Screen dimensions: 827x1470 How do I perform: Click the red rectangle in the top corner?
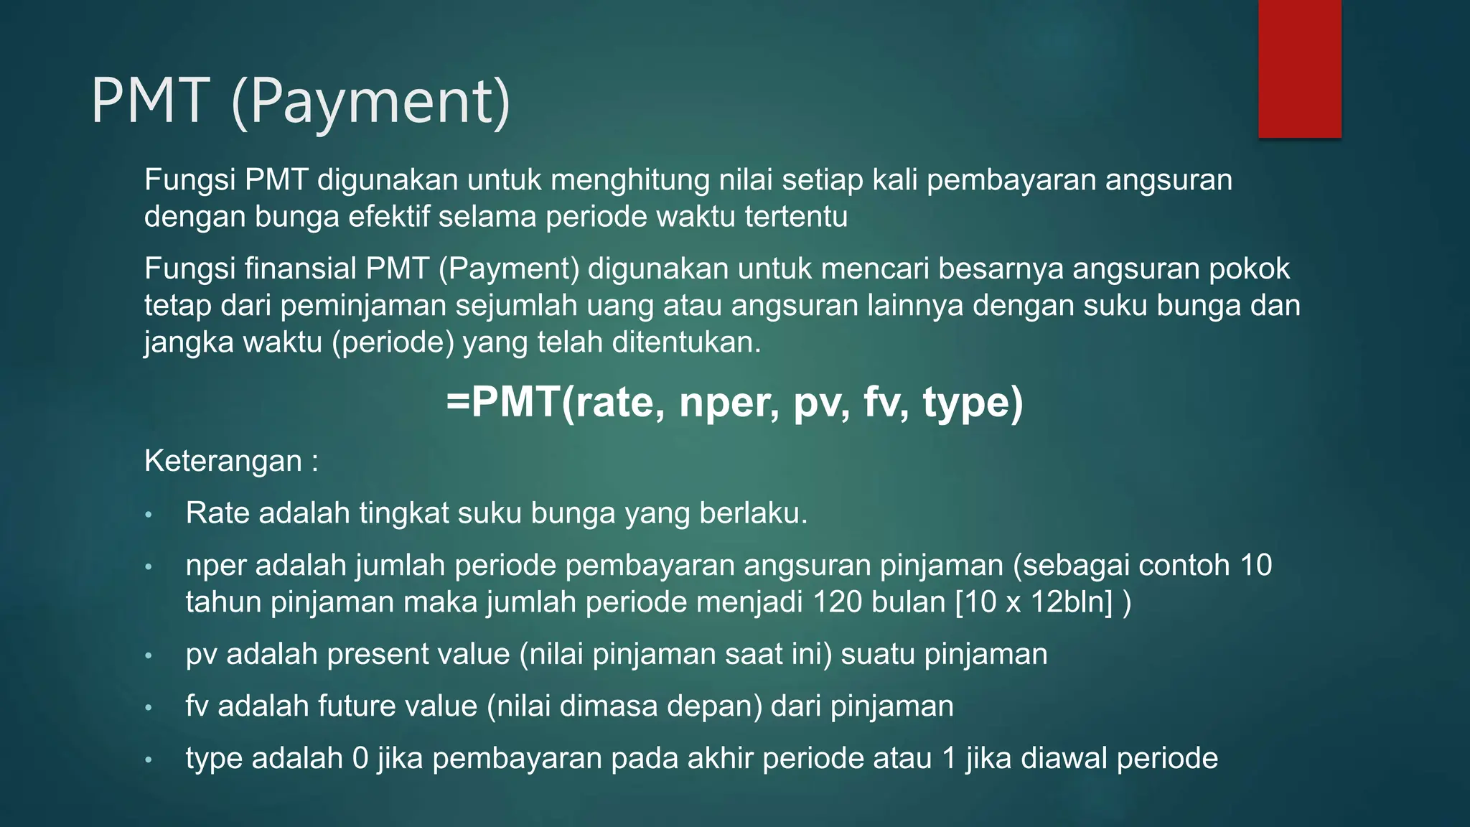click(1299, 68)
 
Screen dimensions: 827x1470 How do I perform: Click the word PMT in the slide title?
click(151, 101)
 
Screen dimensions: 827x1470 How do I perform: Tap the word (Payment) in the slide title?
click(371, 103)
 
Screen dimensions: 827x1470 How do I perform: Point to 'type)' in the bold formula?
click(973, 402)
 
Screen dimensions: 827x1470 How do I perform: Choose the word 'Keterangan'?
click(223, 461)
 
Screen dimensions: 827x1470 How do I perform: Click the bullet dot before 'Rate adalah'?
click(149, 515)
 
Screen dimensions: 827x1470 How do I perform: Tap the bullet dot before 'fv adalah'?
click(149, 708)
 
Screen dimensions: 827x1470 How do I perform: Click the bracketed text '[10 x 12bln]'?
click(1034, 602)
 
